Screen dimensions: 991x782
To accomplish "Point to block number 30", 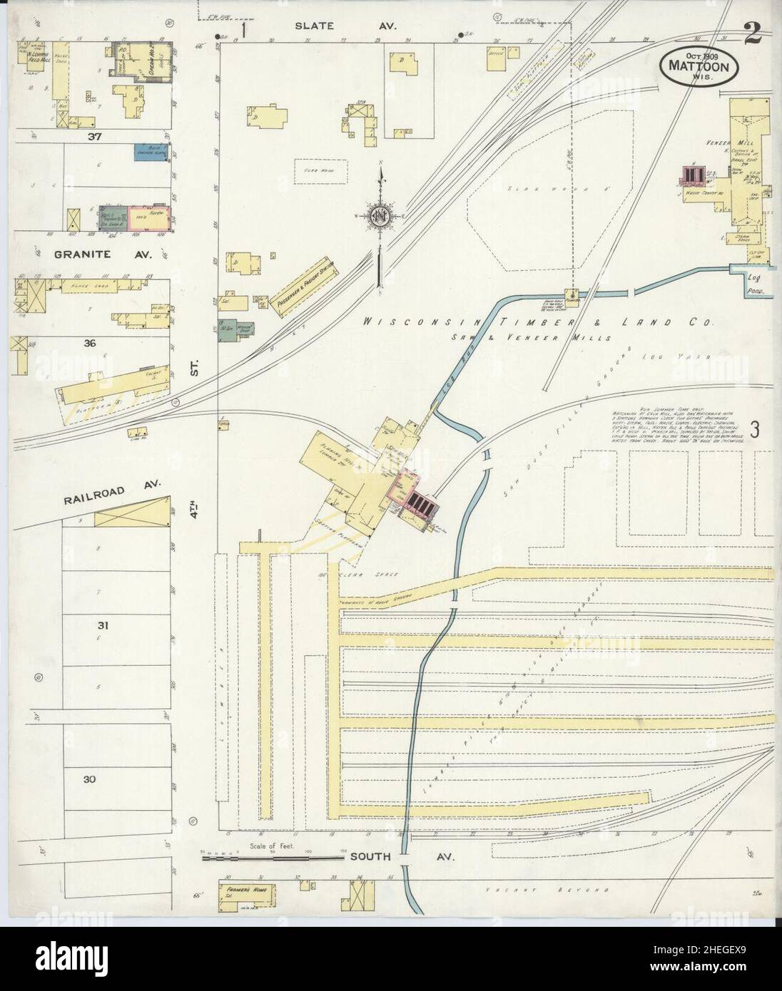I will pos(88,779).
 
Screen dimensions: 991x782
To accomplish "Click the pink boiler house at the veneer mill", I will pos(690,175).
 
